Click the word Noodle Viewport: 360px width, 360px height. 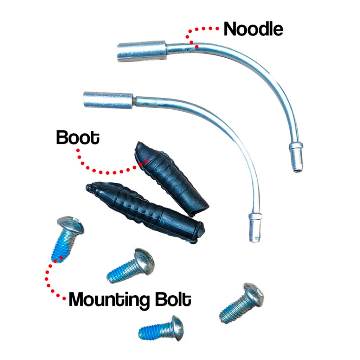pyautogui.click(x=253, y=29)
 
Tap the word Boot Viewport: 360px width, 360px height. pyautogui.click(x=78, y=137)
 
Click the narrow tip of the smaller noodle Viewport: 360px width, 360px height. pyautogui.click(x=255, y=227)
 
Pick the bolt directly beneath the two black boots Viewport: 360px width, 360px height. pyautogui.click(x=131, y=266)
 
